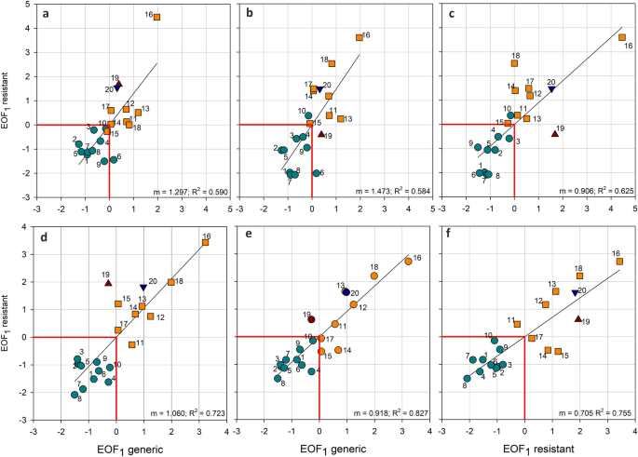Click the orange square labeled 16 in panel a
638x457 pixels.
156,18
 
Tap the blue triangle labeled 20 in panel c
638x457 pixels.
551,89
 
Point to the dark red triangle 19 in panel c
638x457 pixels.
555,133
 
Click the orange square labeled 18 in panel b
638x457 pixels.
332,63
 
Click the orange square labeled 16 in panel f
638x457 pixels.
619,262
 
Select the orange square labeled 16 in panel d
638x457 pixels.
205,243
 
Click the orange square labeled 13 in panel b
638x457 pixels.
341,119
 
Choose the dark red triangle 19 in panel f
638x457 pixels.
578,318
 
